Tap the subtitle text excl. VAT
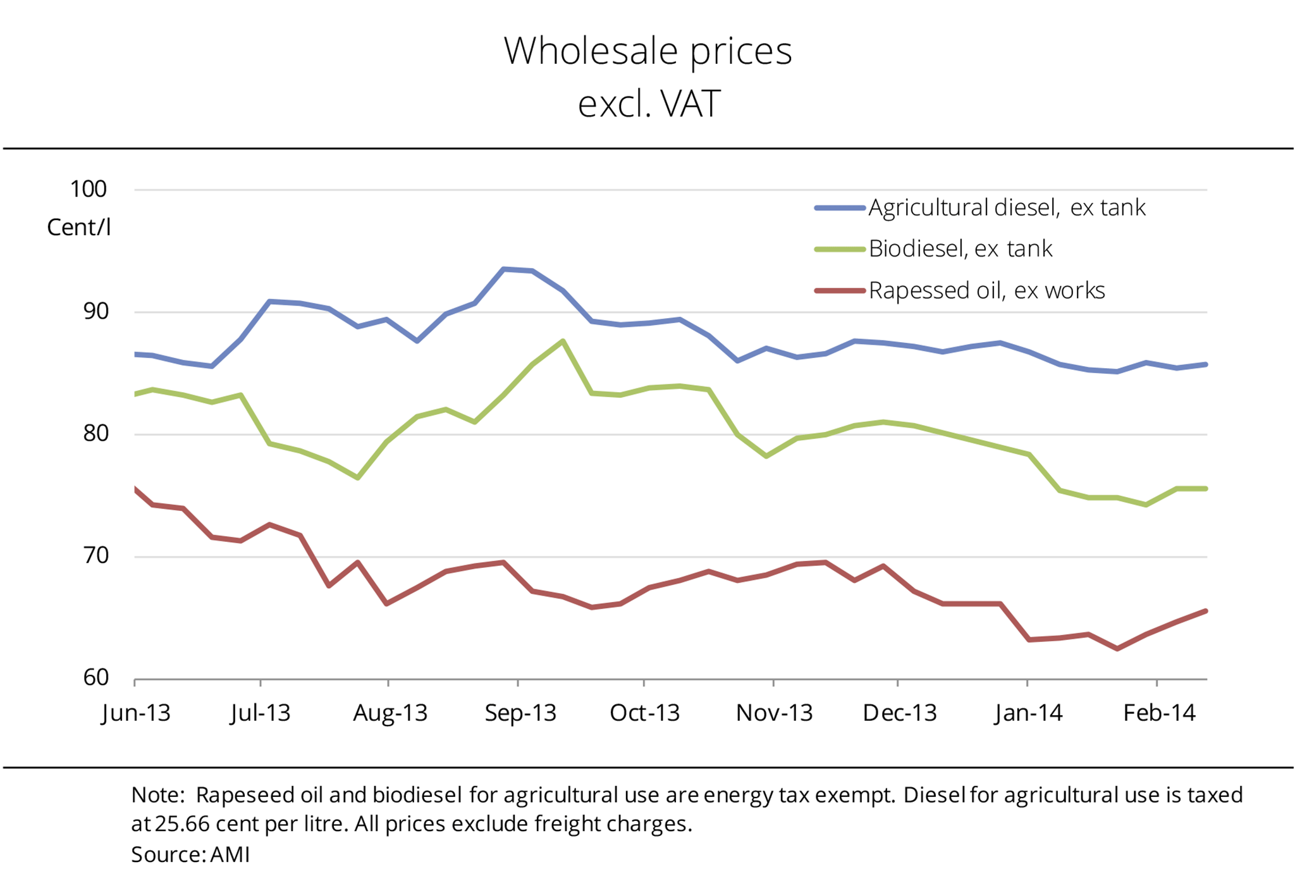pyautogui.click(x=649, y=104)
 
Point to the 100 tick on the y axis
pyautogui.click(x=89, y=189)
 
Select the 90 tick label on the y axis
pyautogui.click(x=95, y=311)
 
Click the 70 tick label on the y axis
pyautogui.click(x=95, y=556)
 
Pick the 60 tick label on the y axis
pyautogui.click(x=95, y=678)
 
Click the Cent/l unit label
pyautogui.click(x=79, y=228)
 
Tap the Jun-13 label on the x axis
pyautogui.click(x=136, y=713)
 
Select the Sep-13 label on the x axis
pyautogui.click(x=520, y=713)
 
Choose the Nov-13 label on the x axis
pyautogui.click(x=774, y=713)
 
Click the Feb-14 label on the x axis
pyautogui.click(x=1159, y=713)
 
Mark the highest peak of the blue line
pyautogui.click(x=503, y=269)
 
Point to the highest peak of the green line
pyautogui.click(x=563, y=341)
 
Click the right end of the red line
pyautogui.click(x=1206, y=611)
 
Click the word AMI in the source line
pyautogui.click(x=230, y=855)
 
